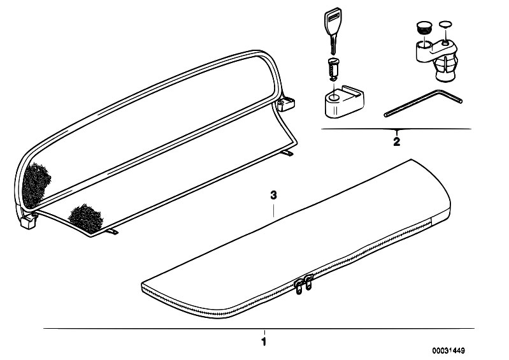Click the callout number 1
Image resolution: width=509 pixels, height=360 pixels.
264,342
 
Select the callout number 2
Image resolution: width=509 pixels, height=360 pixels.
396,142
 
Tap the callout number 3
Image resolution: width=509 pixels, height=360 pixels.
274,196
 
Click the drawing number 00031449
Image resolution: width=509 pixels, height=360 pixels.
448,350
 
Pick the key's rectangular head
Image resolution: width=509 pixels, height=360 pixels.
332,22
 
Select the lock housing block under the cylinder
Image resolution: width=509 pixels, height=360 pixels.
344,101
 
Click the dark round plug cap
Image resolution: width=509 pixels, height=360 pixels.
422,27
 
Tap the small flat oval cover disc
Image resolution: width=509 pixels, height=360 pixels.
445,24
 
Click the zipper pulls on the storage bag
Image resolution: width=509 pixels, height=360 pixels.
303,283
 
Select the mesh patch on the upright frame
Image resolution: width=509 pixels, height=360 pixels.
36,184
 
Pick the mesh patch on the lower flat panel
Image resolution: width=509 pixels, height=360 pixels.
86,217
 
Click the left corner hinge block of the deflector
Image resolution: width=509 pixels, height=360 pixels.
28,221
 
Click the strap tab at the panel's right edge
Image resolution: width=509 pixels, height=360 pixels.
287,152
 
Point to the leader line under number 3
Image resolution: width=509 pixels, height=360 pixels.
274,210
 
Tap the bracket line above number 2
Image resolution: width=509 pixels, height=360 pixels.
396,129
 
